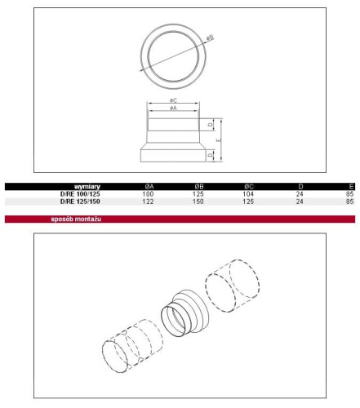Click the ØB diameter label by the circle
pos(210,38)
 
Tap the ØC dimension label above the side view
pos(173,100)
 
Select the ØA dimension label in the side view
pos(173,109)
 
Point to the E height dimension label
pos(219,140)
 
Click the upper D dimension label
pos(210,125)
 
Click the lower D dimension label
pos(210,155)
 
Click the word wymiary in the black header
pos(87,187)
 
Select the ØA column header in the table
pos(149,187)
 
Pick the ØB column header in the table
pos(199,187)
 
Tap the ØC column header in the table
pos(249,187)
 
